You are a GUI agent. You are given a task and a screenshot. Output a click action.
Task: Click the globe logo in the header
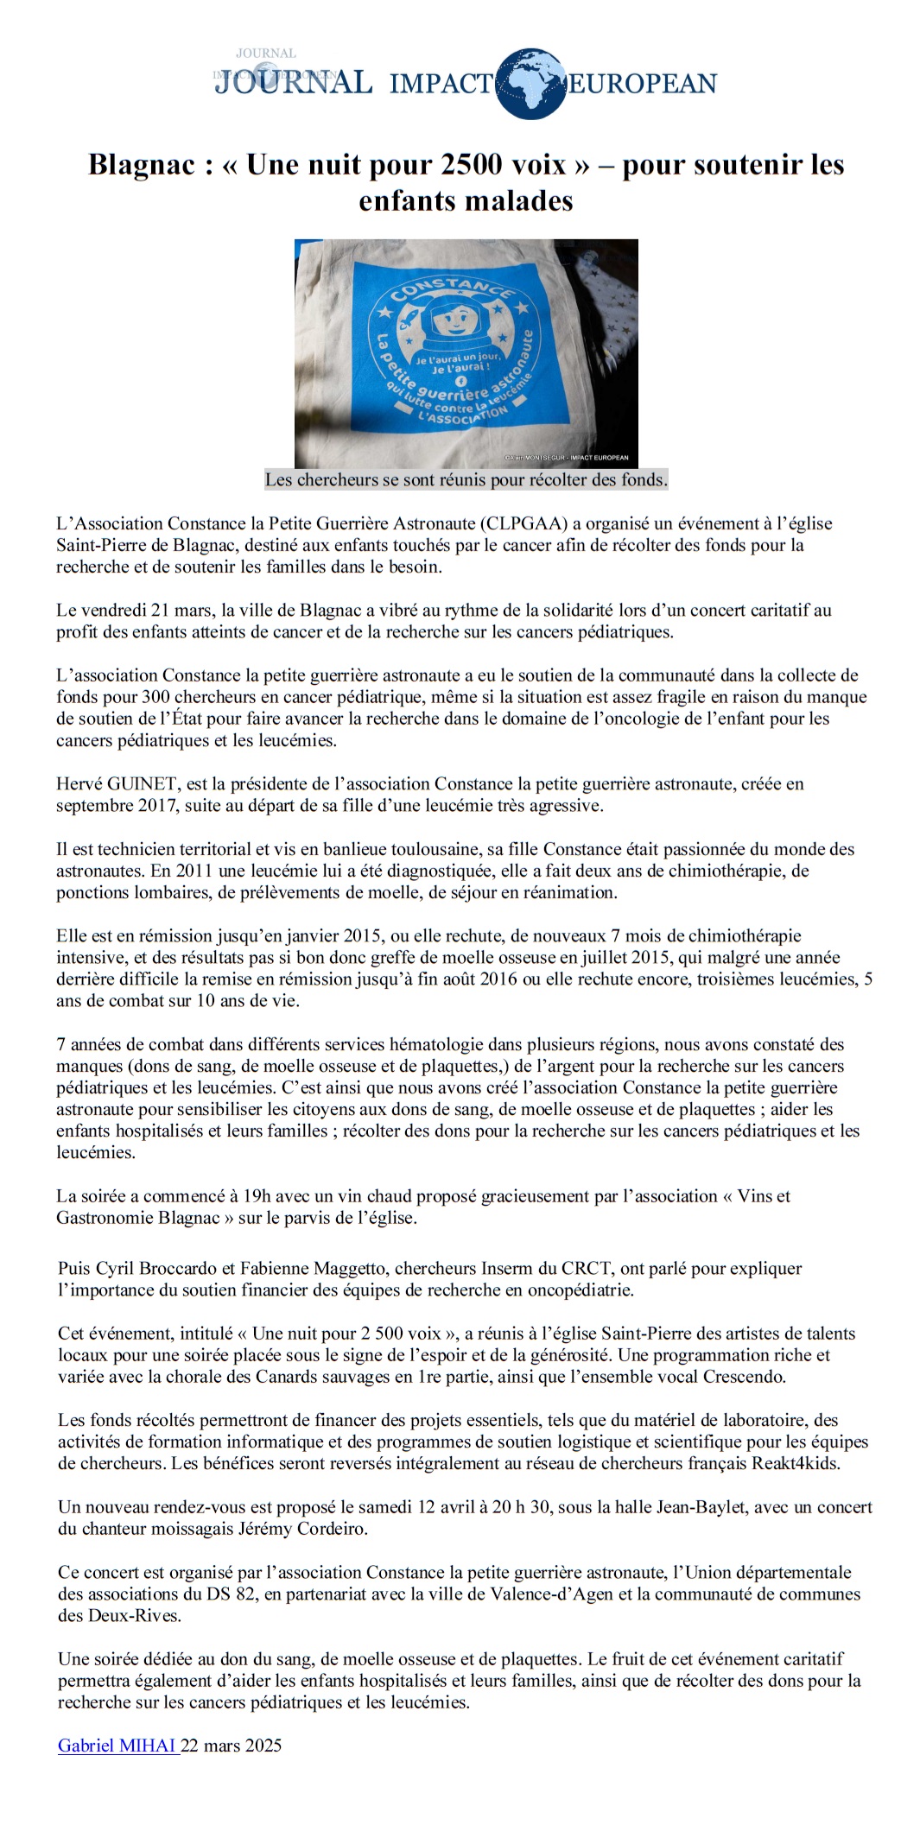click(530, 83)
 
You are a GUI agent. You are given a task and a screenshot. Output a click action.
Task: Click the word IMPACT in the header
click(441, 84)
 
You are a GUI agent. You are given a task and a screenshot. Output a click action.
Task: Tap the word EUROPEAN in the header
click(642, 84)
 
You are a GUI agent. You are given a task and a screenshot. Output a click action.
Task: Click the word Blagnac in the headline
click(142, 164)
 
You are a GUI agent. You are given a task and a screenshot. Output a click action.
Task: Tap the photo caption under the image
click(466, 479)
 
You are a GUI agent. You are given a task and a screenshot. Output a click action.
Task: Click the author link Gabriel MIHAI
click(117, 1746)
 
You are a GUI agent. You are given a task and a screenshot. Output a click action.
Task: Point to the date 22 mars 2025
click(232, 1746)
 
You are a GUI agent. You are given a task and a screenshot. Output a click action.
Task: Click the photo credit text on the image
click(567, 458)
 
